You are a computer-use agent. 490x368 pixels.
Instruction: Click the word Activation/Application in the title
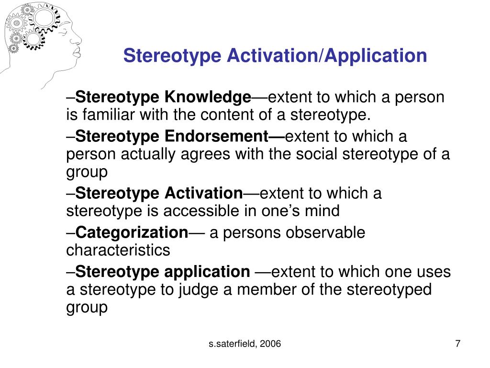(x=327, y=56)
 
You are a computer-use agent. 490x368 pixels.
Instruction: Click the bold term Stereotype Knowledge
(x=164, y=98)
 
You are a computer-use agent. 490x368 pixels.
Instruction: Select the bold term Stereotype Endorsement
(x=180, y=137)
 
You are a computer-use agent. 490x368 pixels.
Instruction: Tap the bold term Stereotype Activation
(x=159, y=194)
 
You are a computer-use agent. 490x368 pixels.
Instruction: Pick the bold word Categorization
(x=132, y=233)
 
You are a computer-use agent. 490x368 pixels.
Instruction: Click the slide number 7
(x=458, y=344)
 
